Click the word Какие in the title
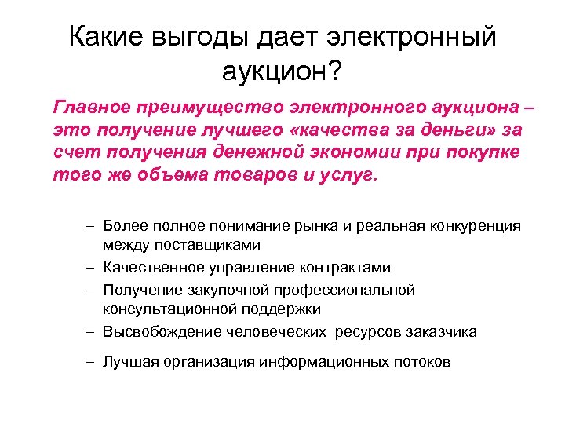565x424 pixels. (x=112, y=37)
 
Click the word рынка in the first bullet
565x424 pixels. (x=307, y=227)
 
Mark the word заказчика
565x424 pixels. (x=441, y=331)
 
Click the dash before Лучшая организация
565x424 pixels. (x=91, y=362)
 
